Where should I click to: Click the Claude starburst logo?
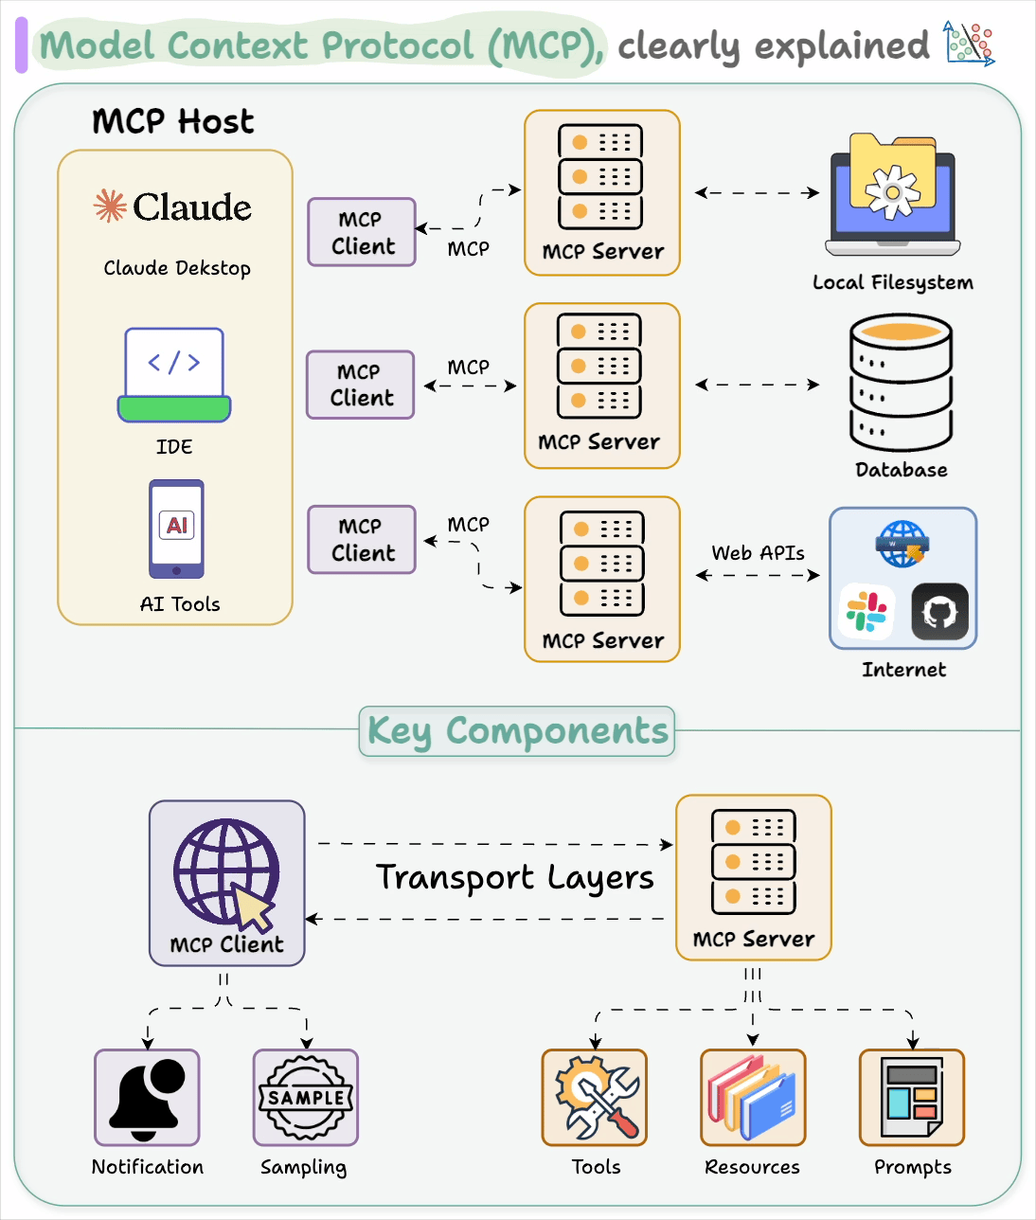pyautogui.click(x=110, y=206)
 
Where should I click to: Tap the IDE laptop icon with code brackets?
pyautogui.click(x=174, y=375)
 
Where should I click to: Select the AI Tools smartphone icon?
pyautogui.click(x=176, y=529)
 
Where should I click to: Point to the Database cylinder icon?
pyautogui.click(x=901, y=383)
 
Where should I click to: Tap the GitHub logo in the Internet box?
pyautogui.click(x=939, y=612)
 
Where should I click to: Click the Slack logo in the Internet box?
pyautogui.click(x=866, y=612)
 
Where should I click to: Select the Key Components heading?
pyautogui.click(x=517, y=731)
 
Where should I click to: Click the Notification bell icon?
pyautogui.click(x=147, y=1098)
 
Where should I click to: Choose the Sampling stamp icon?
pyautogui.click(x=306, y=1098)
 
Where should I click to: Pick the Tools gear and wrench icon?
pyautogui.click(x=595, y=1098)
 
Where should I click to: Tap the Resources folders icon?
pyautogui.click(x=753, y=1098)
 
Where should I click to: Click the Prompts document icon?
pyautogui.click(x=911, y=1098)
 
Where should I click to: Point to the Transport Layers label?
pyautogui.click(x=514, y=878)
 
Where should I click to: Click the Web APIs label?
pyautogui.click(x=758, y=552)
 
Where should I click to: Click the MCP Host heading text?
pyautogui.click(x=173, y=121)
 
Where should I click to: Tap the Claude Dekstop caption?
pyautogui.click(x=177, y=268)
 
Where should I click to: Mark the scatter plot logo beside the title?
pyautogui.click(x=969, y=44)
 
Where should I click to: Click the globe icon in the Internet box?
pyautogui.click(x=902, y=544)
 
